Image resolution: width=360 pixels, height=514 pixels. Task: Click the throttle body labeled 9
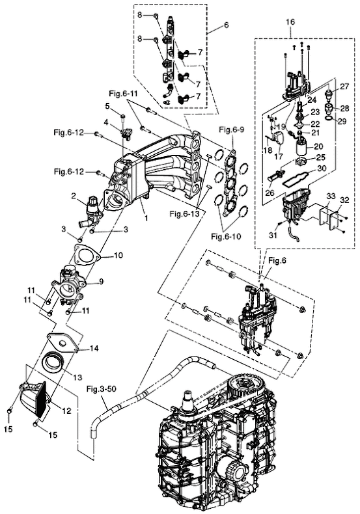pos(67,286)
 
